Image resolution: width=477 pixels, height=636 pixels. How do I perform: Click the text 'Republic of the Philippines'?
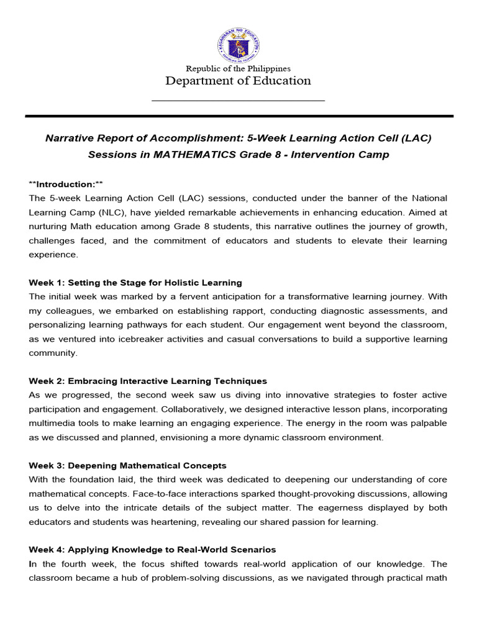(x=238, y=68)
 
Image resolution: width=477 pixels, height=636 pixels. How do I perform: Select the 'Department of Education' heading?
(x=238, y=81)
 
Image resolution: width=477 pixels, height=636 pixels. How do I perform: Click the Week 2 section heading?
(x=148, y=381)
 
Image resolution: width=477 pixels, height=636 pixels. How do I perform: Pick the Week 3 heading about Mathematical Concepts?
(x=127, y=465)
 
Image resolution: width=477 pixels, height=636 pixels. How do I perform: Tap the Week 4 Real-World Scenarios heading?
(x=152, y=550)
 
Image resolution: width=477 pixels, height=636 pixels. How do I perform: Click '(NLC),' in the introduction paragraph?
(x=130, y=212)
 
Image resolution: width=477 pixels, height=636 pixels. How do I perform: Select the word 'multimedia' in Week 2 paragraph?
(x=52, y=423)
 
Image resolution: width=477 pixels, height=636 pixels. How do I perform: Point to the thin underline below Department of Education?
(x=238, y=100)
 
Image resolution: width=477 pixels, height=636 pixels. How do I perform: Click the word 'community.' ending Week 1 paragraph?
(x=53, y=353)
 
